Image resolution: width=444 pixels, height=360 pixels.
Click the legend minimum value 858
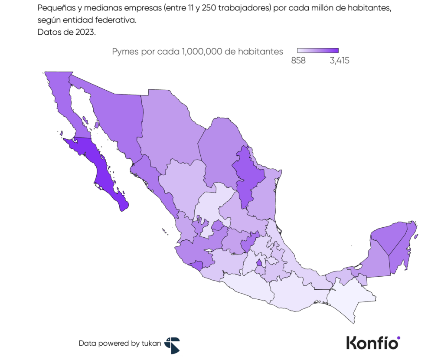[298, 61]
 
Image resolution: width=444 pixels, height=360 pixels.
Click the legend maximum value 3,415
[339, 61]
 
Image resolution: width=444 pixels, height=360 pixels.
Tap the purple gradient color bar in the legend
[318, 50]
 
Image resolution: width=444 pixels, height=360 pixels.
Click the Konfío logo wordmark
[372, 342]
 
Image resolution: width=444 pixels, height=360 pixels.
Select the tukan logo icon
[172, 345]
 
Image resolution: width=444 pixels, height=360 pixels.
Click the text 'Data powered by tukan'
[120, 343]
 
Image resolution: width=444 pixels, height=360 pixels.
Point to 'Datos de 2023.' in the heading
[66, 32]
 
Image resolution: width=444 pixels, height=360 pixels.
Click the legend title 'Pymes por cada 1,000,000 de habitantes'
[197, 51]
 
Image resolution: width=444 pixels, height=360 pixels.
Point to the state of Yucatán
[388, 236]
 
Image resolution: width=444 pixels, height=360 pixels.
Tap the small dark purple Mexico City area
[259, 262]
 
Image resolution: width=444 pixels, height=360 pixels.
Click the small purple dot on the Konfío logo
[398, 337]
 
